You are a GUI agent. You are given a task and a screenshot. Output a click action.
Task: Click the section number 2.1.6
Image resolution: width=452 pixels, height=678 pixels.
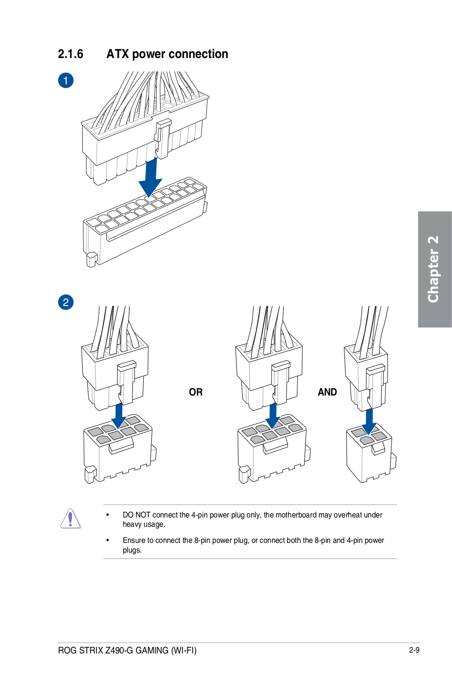click(x=70, y=54)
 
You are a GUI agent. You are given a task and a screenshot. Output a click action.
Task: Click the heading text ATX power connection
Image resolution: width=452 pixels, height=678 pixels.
click(x=167, y=54)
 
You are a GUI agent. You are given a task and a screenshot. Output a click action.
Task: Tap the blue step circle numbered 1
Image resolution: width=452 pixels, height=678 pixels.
click(x=66, y=80)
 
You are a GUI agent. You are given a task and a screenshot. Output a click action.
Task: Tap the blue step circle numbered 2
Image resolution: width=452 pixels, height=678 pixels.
click(x=66, y=302)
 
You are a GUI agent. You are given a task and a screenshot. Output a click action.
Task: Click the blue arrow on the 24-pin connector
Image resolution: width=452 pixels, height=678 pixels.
click(x=150, y=178)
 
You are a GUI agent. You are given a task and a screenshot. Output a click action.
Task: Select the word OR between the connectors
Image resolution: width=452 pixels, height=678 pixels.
click(x=196, y=392)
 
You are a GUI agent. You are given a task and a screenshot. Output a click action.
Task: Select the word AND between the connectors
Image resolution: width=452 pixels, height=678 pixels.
click(x=327, y=392)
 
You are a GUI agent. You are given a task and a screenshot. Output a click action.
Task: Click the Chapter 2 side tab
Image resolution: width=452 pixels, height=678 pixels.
click(x=434, y=269)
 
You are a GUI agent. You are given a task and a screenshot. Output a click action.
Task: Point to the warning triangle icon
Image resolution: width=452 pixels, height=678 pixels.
click(x=70, y=518)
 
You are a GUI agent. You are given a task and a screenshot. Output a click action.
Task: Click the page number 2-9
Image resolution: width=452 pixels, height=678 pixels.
click(x=414, y=650)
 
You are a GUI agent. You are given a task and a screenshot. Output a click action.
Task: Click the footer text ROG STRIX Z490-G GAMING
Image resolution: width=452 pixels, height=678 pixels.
click(x=127, y=650)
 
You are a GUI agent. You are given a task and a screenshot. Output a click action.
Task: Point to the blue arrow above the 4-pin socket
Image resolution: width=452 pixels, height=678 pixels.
click(x=369, y=421)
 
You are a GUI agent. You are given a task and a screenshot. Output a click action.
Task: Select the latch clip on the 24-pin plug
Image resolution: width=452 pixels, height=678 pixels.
click(x=163, y=138)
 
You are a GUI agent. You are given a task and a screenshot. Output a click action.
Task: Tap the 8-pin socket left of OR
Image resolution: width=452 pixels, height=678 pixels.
click(x=119, y=449)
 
